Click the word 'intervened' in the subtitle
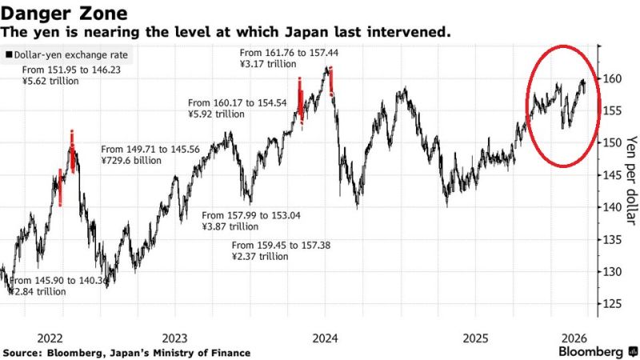[x=418, y=33]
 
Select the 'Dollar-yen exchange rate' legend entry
[x=73, y=55]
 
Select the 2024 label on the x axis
[x=325, y=338]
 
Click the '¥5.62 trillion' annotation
[x=50, y=82]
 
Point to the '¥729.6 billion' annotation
[x=131, y=160]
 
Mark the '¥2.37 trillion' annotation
[x=260, y=256]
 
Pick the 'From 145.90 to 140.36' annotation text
[x=58, y=281]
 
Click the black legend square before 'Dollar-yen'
[x=8, y=55]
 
